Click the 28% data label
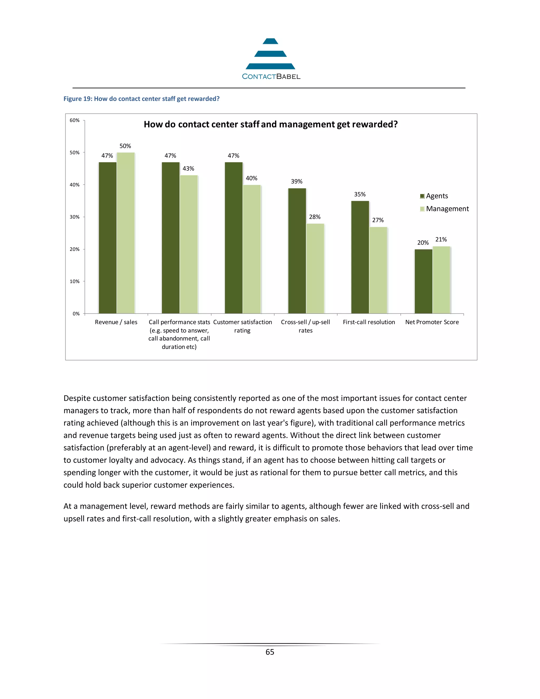pos(315,217)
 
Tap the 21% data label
pos(441,240)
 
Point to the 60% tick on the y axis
pos(75,120)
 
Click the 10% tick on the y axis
pos(75,281)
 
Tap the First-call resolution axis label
pos(369,322)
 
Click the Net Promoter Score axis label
pos(432,322)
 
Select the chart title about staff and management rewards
pos(270,124)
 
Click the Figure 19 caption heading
pos(141,99)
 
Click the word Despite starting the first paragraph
pos(77,398)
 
